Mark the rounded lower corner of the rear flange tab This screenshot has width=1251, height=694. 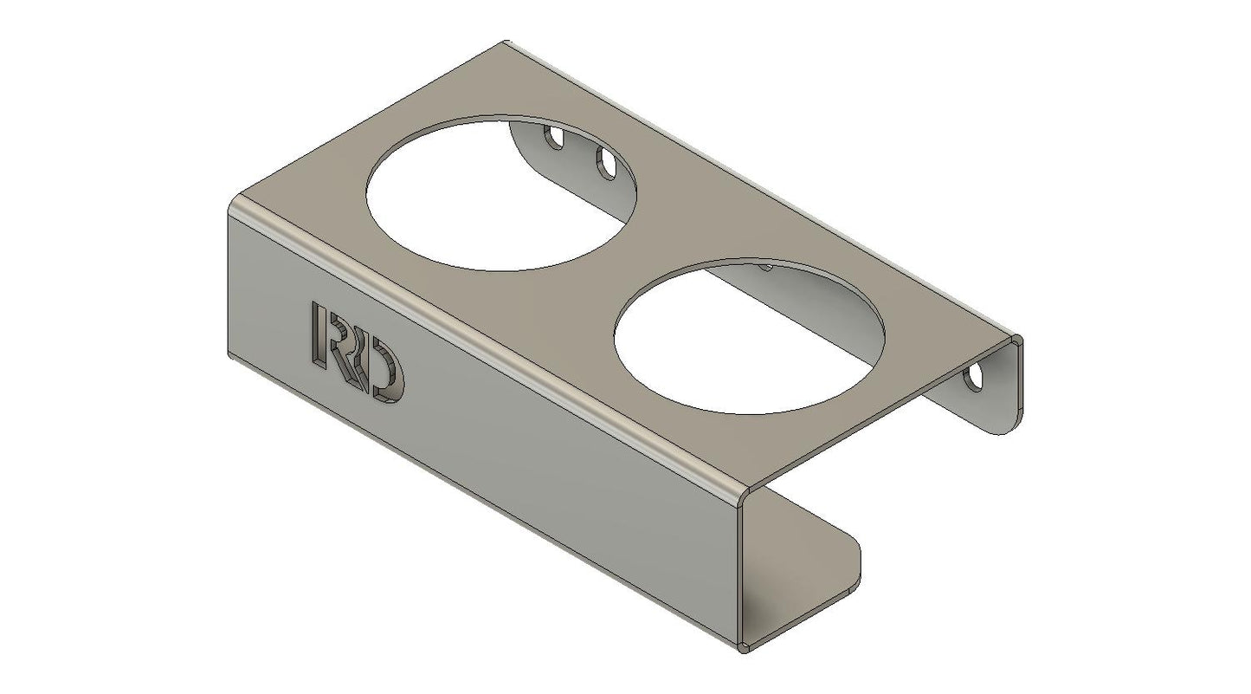[x=1009, y=429]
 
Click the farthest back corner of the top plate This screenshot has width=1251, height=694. [x=505, y=42]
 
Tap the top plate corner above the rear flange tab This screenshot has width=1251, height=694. [x=1019, y=340]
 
